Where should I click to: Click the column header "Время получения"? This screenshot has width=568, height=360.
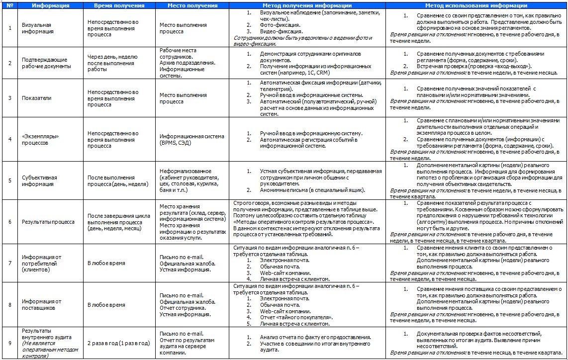(119, 6)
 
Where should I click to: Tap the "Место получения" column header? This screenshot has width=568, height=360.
(192, 6)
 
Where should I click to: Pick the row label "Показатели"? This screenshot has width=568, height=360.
(37, 98)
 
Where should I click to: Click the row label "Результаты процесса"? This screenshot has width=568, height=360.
(48, 222)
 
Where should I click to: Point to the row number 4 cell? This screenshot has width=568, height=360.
(10, 139)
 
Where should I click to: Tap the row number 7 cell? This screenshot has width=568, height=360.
(10, 264)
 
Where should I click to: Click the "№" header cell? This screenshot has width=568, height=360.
(10, 6)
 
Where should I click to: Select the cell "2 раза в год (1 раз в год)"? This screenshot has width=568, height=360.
(118, 343)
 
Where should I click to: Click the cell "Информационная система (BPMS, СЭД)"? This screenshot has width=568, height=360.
(192, 139)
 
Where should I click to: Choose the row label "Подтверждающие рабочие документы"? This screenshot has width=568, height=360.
(46, 63)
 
